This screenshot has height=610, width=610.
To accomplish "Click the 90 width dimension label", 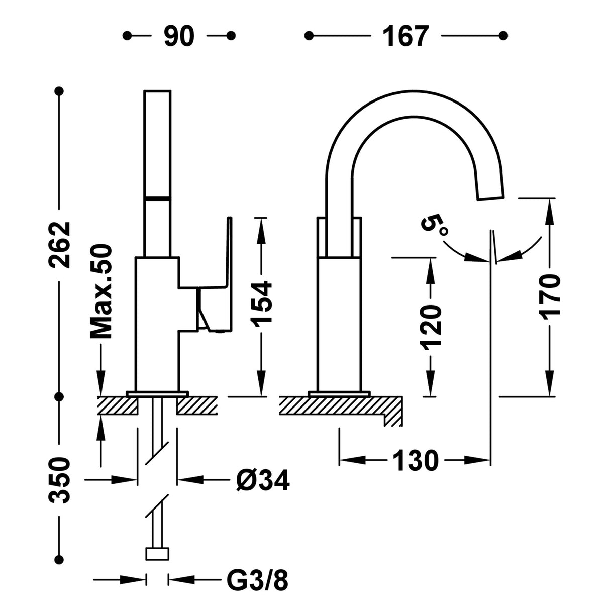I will (179, 36).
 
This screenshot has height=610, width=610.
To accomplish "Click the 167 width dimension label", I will (406, 36).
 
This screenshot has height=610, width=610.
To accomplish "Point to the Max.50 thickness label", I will (101, 291).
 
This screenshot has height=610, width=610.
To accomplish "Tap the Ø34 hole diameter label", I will (262, 481).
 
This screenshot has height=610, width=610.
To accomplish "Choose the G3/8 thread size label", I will (258, 581).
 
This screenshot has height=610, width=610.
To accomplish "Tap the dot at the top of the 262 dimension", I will (61, 91).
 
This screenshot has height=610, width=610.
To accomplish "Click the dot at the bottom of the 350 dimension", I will (61, 559).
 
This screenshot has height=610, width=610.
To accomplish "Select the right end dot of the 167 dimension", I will (504, 36).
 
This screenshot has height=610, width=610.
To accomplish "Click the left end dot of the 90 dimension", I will (128, 36).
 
